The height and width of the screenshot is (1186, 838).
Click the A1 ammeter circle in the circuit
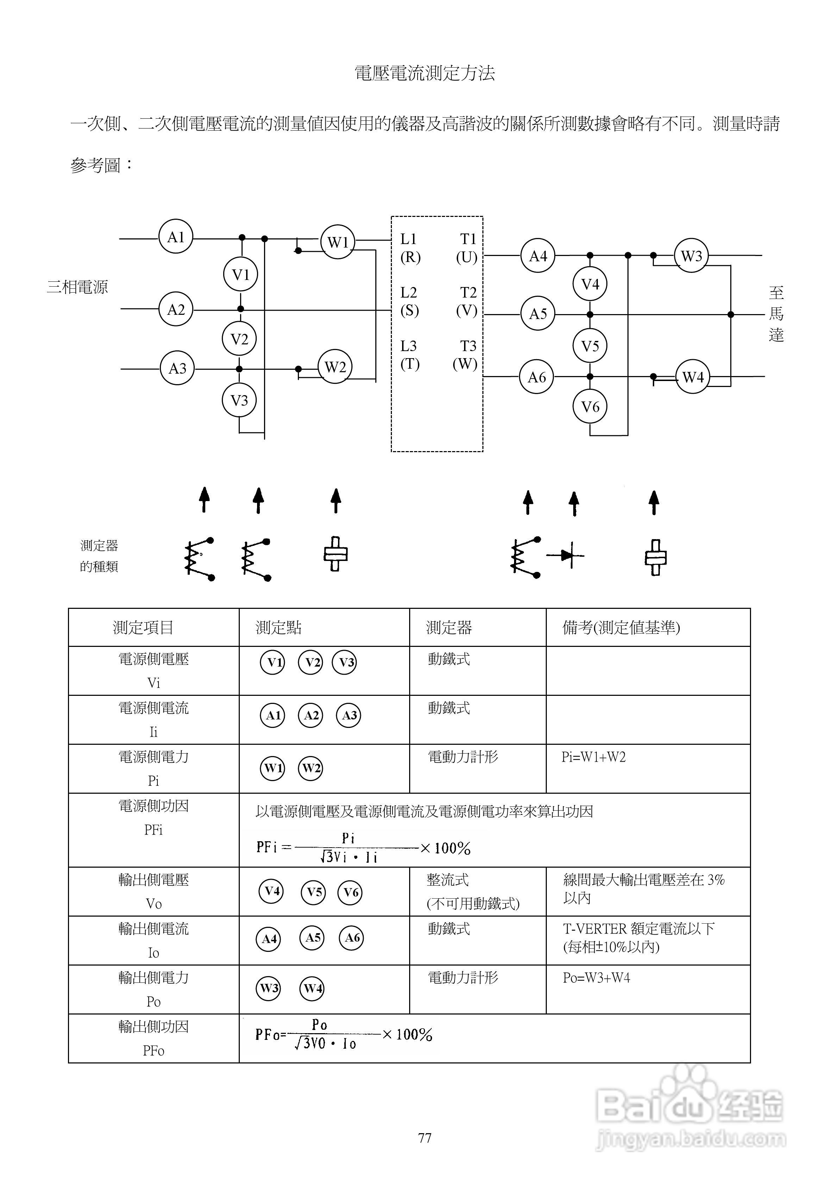[x=176, y=237]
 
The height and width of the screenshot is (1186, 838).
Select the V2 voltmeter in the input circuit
[x=239, y=339]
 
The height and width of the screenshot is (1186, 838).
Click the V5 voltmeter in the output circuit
[x=590, y=345]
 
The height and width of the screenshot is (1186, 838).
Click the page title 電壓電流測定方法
[x=425, y=73]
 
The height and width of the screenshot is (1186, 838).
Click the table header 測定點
[x=279, y=628]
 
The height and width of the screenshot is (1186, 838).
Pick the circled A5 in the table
[x=312, y=937]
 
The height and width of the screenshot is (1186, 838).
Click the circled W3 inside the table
[x=269, y=988]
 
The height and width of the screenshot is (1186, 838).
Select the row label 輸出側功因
[x=154, y=1026]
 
